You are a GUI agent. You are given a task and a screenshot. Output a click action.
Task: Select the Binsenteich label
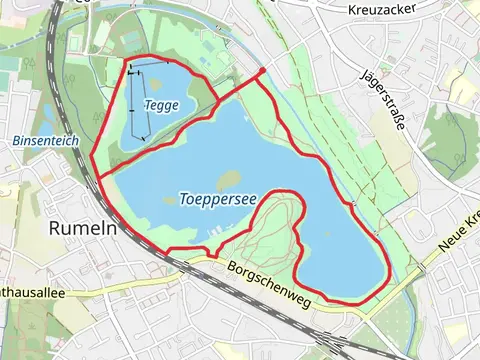tap(46, 142)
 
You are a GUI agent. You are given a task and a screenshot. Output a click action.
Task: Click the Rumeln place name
tap(83, 227)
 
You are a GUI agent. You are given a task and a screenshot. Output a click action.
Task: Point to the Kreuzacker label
tap(381, 9)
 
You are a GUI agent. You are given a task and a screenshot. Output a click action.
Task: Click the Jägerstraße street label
tap(383, 100)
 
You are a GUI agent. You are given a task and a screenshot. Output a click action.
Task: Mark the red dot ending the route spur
tap(262, 71)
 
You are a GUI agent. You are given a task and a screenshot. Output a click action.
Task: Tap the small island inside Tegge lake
tap(161, 87)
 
